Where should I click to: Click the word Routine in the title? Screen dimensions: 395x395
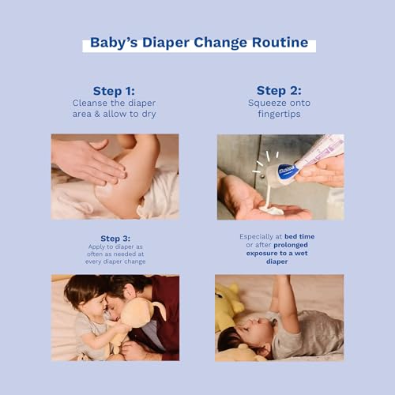coord(280,43)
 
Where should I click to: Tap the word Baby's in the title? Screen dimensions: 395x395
coord(114,43)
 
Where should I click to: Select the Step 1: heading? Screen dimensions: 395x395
coord(114,91)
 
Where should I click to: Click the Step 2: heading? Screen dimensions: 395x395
coord(279,91)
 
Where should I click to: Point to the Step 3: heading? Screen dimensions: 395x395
coord(115,239)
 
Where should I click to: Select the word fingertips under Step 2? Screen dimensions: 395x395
coord(279,114)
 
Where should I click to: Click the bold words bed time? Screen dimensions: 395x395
coord(299,236)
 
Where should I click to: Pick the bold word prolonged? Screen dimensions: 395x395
coord(291,245)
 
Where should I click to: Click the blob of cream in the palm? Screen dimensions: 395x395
coord(271,209)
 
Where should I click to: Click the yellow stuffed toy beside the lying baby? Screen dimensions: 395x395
coord(228,306)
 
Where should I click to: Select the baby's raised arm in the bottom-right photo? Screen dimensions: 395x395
coord(286,300)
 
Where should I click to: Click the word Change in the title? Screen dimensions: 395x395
coord(220,43)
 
